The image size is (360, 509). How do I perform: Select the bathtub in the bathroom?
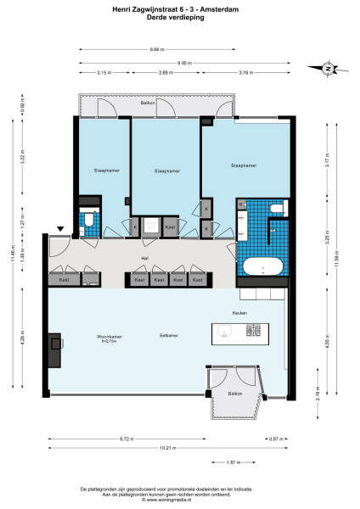tap(263, 267)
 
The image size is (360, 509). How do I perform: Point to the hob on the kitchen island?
tap(251, 331)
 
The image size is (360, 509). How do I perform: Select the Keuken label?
tap(239, 313)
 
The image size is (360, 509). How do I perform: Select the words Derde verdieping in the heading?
tap(180, 17)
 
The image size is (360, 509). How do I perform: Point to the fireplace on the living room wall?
tap(54, 349)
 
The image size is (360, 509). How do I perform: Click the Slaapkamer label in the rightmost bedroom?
tap(243, 165)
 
